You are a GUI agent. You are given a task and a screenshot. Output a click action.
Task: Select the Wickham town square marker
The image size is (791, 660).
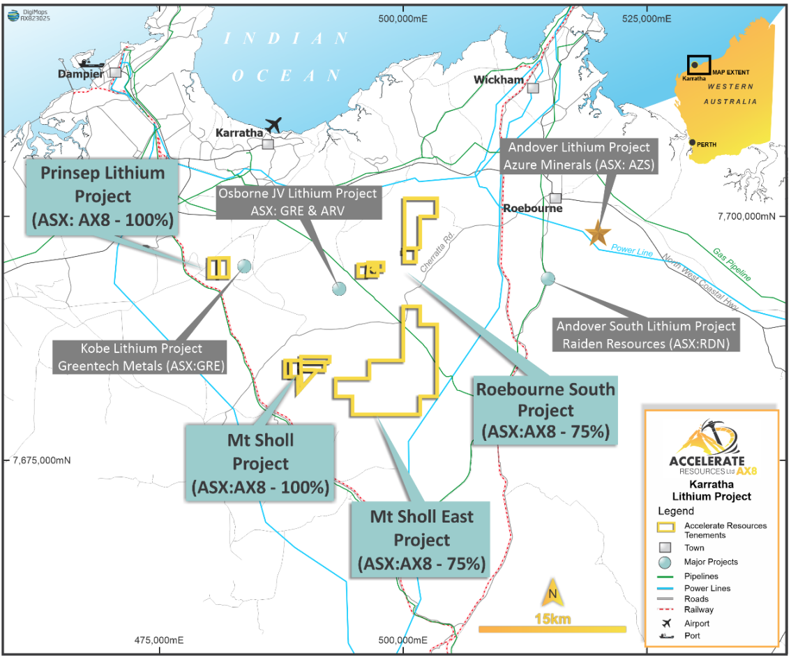point(534,88)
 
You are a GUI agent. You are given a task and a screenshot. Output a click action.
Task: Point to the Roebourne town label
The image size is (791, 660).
point(533,209)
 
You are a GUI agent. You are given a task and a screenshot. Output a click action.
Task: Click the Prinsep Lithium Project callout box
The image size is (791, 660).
point(101,196)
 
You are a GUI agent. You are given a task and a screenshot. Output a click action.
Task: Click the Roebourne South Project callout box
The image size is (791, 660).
point(545,410)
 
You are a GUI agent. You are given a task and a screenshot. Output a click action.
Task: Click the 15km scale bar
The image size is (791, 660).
point(552,629)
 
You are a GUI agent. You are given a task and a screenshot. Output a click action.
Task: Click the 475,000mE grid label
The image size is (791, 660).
point(160,640)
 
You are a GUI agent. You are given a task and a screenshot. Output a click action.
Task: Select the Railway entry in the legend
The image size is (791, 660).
point(699,610)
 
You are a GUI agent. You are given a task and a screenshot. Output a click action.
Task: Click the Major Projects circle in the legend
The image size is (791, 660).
point(665,562)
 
